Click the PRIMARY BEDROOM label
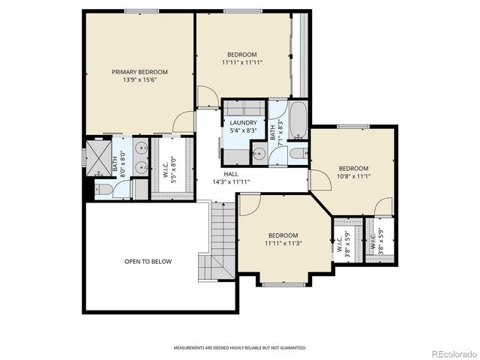[139, 72]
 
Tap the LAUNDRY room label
[244, 123]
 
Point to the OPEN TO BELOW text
[148, 262]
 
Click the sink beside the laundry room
[259, 154]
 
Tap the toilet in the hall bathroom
[296, 154]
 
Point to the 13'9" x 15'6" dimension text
[139, 80]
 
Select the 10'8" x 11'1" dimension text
[353, 176]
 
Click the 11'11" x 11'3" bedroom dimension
[283, 243]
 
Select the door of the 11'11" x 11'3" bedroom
[250, 204]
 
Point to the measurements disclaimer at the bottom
[240, 348]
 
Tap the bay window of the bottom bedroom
[283, 283]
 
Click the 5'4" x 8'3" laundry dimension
[244, 130]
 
